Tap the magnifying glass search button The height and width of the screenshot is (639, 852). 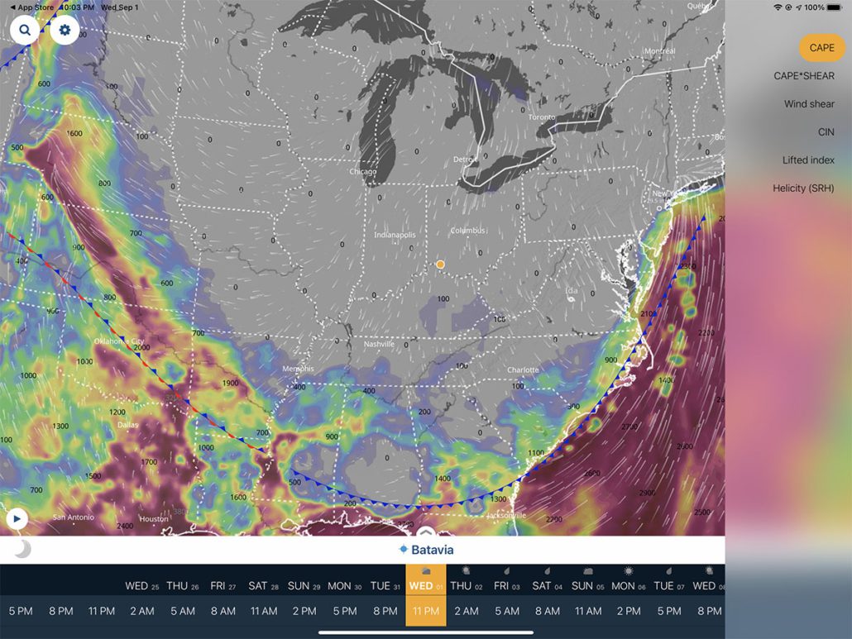tap(25, 31)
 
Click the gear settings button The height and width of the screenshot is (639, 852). tap(65, 31)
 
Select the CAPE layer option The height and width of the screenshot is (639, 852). tap(821, 48)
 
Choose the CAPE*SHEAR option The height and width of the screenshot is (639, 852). tap(804, 76)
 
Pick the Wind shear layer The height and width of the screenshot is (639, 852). tap(809, 104)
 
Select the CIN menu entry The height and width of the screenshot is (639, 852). tap(826, 132)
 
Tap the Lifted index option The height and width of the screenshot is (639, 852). tap(808, 160)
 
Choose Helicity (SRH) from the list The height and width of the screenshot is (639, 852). tap(803, 188)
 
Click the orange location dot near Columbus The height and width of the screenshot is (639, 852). tap(440, 265)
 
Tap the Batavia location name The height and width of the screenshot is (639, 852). tap(432, 550)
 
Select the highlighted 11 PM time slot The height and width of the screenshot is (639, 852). tap(425, 611)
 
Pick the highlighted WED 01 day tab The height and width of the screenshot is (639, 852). tap(425, 584)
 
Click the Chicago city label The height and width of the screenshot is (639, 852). tap(362, 172)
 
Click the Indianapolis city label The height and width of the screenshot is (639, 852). tap(395, 235)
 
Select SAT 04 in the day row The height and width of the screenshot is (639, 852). tap(547, 585)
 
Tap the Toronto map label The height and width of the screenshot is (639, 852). tap(542, 117)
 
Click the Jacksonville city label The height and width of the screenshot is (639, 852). tap(506, 515)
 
